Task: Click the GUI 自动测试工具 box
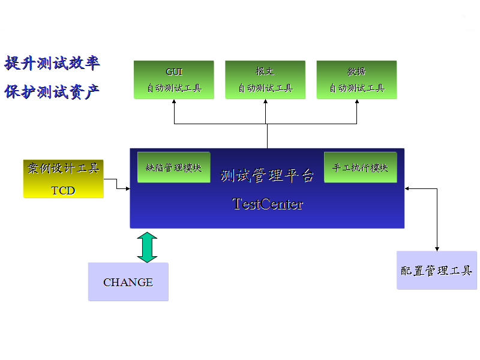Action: tap(174, 80)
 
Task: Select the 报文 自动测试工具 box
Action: tap(265, 80)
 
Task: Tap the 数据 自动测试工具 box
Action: tap(356, 80)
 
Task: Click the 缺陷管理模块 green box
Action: tap(174, 167)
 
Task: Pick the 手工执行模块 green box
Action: tap(361, 167)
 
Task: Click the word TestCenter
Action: tap(268, 204)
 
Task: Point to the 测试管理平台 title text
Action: tap(268, 176)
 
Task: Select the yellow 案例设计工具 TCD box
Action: tap(63, 178)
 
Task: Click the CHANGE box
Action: tap(128, 281)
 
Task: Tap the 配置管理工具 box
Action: tap(437, 271)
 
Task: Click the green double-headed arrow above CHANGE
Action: tap(147, 247)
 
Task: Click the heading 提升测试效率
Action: tap(52, 63)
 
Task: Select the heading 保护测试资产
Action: tap(52, 92)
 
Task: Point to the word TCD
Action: tap(63, 190)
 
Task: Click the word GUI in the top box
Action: tap(174, 71)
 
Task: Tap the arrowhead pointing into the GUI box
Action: tap(175, 102)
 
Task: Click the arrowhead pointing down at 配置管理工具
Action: tap(437, 248)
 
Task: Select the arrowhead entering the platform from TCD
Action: tap(127, 189)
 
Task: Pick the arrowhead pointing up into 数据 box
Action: tap(357, 102)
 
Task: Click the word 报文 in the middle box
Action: tap(265, 71)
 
